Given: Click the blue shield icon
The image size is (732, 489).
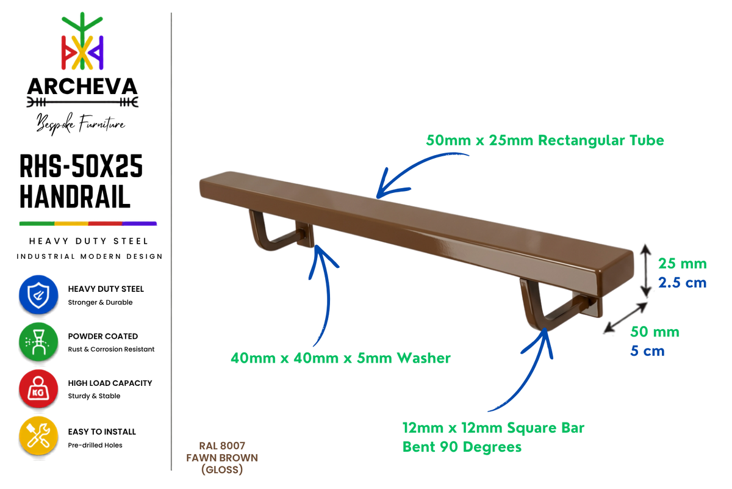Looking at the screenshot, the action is pos(38,295).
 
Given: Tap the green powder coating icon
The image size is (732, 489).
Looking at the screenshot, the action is pos(38,342).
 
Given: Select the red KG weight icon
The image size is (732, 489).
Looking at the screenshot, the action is pos(38,389).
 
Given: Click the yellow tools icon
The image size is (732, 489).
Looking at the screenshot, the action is pos(38,436).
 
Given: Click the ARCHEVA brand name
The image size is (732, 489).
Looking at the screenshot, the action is pos(82,87).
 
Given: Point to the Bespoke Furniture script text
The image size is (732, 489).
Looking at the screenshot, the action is pos(81,124).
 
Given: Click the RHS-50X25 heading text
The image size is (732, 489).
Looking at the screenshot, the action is pos(81,166).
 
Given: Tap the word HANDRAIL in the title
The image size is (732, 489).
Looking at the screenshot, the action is pos(75,196).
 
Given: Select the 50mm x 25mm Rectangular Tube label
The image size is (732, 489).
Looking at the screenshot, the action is pos(545,140).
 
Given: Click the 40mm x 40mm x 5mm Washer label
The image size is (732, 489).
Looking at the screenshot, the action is pos(340,358).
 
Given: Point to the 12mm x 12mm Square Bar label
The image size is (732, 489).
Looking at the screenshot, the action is pos(493,428).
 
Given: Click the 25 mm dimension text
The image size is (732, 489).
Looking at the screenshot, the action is pos(683,264).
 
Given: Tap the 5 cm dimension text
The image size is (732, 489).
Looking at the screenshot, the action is pos(647,351).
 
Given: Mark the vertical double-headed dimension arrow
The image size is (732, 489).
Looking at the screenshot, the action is pos(645,271).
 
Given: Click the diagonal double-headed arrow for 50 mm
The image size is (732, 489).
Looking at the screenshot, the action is pos(625,317).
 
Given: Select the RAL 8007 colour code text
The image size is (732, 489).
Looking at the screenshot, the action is pos(222,446).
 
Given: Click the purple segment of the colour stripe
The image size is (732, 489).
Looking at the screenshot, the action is pos(140,223).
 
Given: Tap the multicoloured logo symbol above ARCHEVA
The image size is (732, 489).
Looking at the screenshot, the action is pos(82,42).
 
